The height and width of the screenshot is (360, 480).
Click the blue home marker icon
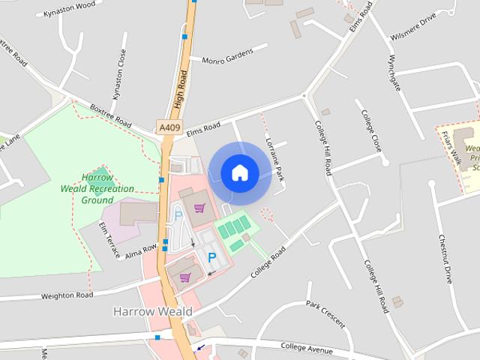click(x=239, y=172)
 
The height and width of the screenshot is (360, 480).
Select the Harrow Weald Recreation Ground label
click(x=97, y=189)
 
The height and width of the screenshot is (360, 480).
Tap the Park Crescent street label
click(x=326, y=314)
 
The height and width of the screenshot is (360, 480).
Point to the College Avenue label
click(x=306, y=346)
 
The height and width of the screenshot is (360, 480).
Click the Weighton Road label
click(x=67, y=295)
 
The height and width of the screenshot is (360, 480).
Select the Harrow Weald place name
click(x=153, y=310)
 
